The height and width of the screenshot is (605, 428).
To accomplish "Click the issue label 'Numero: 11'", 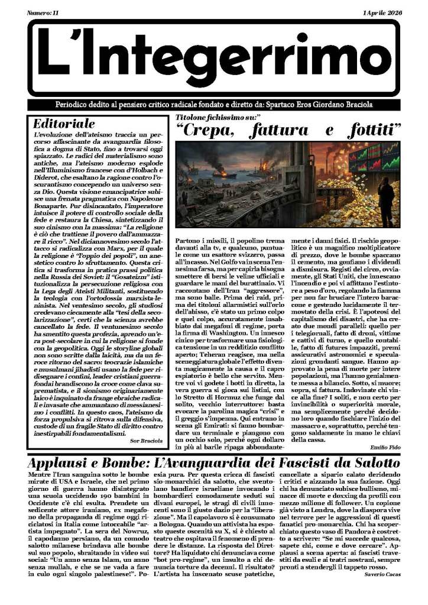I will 46,12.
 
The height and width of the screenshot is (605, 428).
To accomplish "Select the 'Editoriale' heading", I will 64,124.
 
